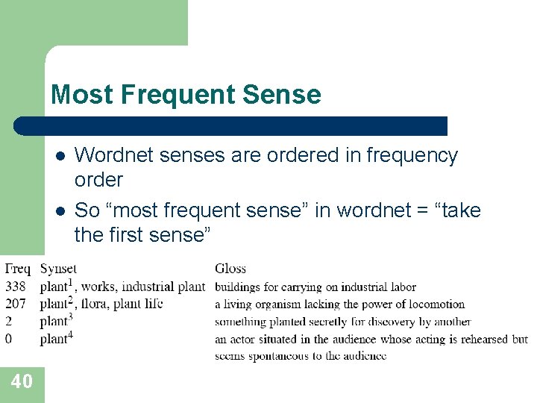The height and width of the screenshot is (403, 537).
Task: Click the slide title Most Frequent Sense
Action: tap(186, 95)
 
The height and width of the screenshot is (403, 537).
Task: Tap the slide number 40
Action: tap(22, 382)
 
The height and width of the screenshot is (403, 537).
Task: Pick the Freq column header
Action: tap(17, 269)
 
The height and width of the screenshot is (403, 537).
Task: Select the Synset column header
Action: tap(58, 269)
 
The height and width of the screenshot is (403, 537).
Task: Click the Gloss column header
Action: tap(230, 269)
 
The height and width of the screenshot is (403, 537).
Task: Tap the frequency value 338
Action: tap(15, 287)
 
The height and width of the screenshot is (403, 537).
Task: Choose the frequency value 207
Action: tap(15, 304)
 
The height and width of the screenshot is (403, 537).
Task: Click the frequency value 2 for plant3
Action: tap(9, 322)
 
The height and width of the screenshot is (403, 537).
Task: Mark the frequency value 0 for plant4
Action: tap(9, 339)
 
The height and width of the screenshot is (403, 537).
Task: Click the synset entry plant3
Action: tap(56, 321)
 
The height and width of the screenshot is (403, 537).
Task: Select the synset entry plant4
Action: tap(56, 338)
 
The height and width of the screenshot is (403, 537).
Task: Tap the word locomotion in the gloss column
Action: tap(432, 304)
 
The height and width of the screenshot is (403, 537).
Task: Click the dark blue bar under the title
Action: tap(231, 126)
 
